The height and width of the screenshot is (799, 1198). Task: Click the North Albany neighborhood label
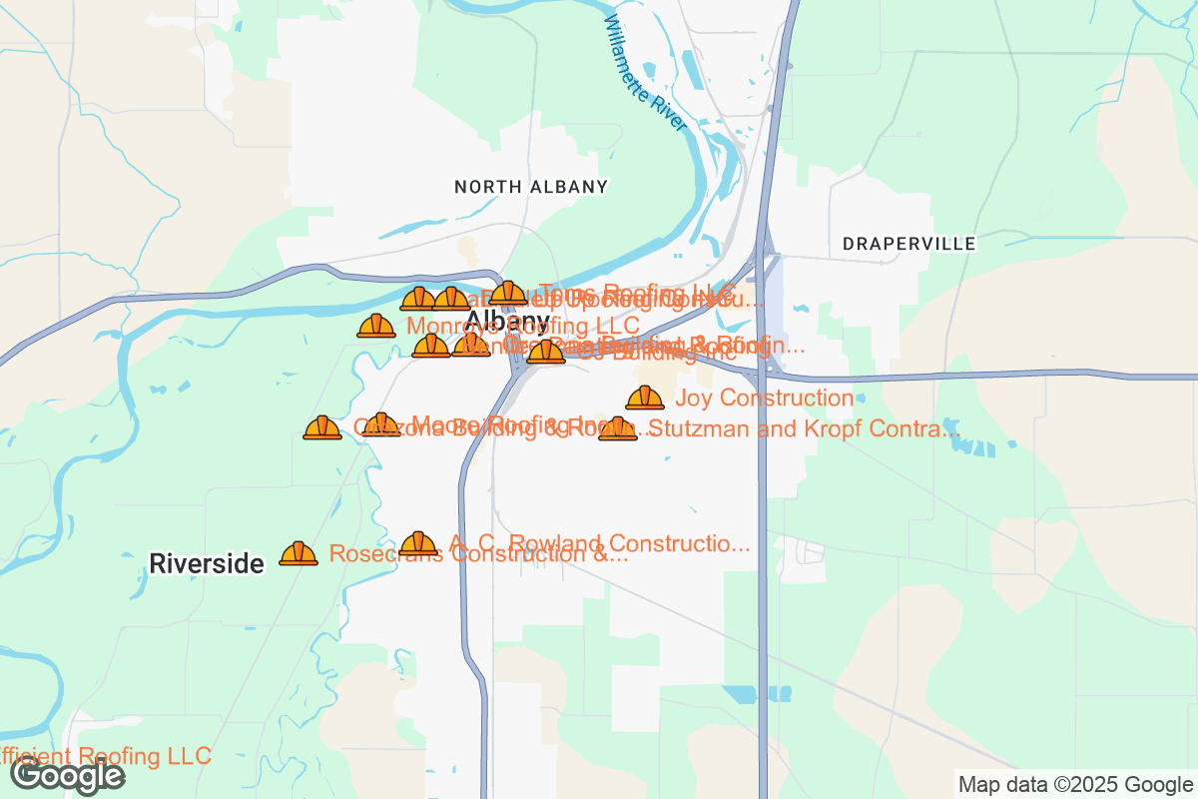[x=530, y=187]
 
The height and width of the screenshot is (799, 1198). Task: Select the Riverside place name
[x=207, y=563]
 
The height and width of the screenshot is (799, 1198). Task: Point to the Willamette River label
[x=646, y=75]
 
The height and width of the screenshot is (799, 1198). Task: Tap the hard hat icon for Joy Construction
[x=645, y=398]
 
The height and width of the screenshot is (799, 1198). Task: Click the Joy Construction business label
[x=764, y=399]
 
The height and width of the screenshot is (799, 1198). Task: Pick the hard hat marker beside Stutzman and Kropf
[x=617, y=428]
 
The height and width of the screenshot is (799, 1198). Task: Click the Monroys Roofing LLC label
[x=523, y=326]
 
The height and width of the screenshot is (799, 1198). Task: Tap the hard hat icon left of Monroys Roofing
[x=376, y=326]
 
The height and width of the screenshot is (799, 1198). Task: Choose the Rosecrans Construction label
[x=478, y=555]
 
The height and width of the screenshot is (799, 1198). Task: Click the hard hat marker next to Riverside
[x=299, y=553]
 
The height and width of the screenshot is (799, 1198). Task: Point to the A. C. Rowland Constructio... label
[x=599, y=543]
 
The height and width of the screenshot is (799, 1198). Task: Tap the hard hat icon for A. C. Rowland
[x=418, y=543]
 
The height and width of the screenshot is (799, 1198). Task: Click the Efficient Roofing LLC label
[x=105, y=755]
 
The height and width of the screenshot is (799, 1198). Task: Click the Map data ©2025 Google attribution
[x=1075, y=784]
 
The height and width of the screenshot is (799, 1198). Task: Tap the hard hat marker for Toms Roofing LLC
[x=508, y=293]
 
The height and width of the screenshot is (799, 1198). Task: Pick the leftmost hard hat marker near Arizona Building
[x=322, y=427]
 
